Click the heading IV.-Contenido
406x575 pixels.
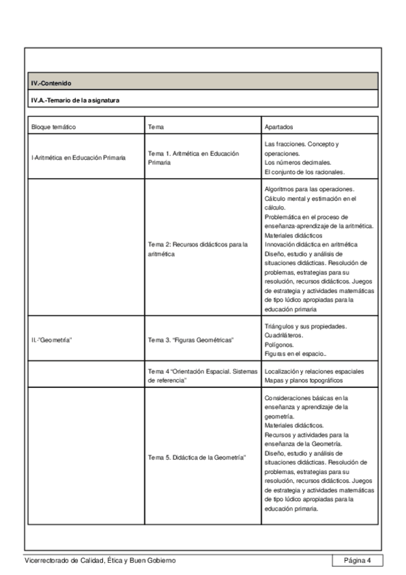click(52, 84)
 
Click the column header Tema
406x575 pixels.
click(155, 127)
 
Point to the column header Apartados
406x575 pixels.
click(280, 127)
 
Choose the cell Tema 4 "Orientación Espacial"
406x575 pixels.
click(202, 376)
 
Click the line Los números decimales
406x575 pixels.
click(298, 163)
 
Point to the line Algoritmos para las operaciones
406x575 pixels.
click(311, 190)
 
